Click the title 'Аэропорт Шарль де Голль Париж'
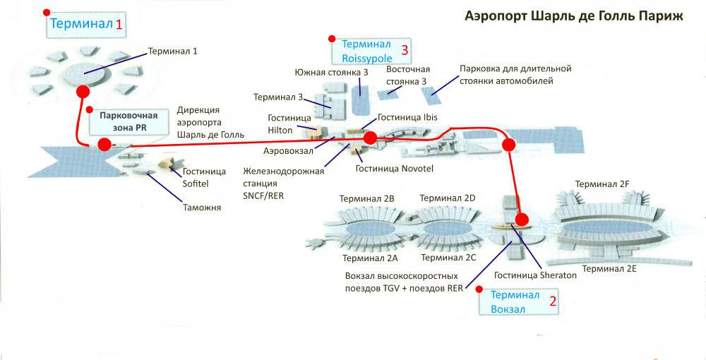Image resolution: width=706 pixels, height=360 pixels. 573,16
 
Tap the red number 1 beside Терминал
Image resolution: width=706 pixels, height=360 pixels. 119,25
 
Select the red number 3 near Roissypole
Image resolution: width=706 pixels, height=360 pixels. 405,50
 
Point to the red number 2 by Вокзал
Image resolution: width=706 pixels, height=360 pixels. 553,302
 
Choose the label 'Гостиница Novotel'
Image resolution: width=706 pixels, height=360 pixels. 393,168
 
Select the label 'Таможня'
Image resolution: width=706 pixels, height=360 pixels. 204,208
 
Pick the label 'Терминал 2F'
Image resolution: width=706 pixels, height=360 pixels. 602,184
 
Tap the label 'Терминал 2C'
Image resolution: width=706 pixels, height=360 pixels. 448,258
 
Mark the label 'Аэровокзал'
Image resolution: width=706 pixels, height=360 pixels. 288,151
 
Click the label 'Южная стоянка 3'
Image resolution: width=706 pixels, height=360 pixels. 331,73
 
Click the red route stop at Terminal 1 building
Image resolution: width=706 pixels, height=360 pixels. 83,92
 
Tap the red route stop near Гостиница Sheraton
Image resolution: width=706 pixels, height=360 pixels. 522,220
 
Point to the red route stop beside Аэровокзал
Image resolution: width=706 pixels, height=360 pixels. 369,137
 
